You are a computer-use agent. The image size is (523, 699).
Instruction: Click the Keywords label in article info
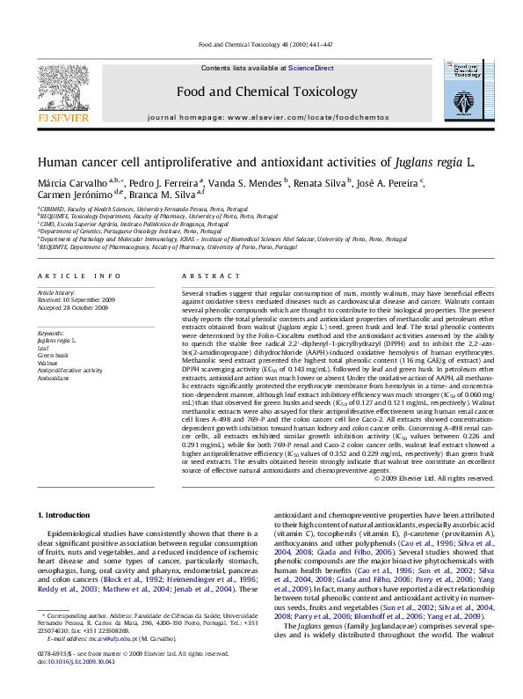(x=52, y=333)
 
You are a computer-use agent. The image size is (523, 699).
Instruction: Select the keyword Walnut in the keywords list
(x=47, y=362)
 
